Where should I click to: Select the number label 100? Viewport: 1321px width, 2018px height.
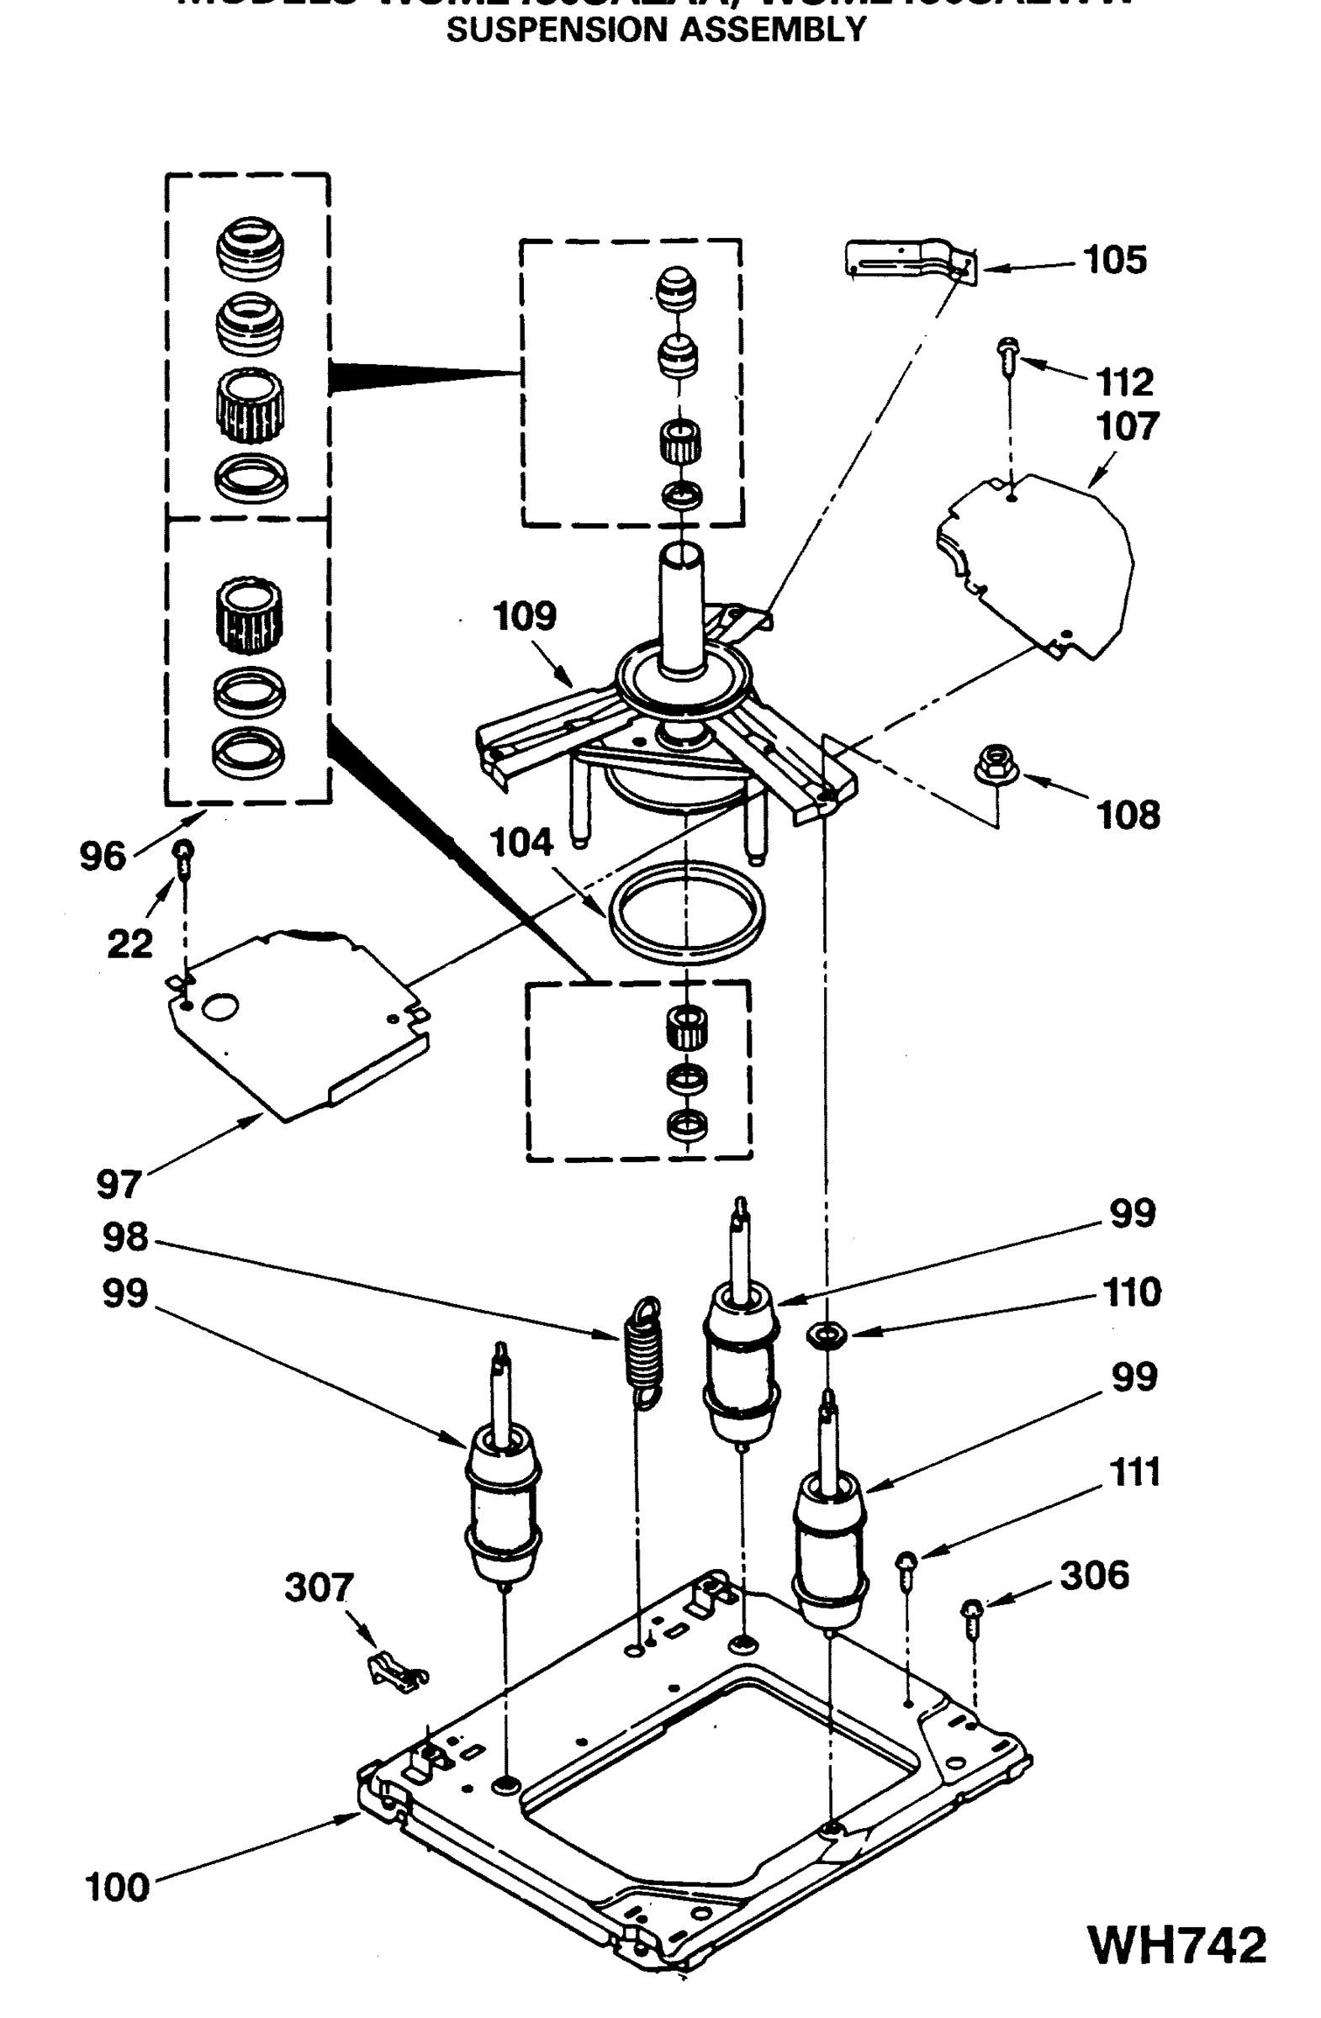tap(117, 1888)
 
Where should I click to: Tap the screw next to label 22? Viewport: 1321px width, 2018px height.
tap(184, 856)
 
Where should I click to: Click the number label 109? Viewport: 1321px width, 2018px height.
tap(524, 616)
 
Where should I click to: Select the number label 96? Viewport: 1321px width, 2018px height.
tap(103, 856)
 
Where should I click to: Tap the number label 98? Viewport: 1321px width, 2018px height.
tap(124, 1238)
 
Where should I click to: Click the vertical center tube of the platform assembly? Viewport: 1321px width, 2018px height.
tap(683, 609)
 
